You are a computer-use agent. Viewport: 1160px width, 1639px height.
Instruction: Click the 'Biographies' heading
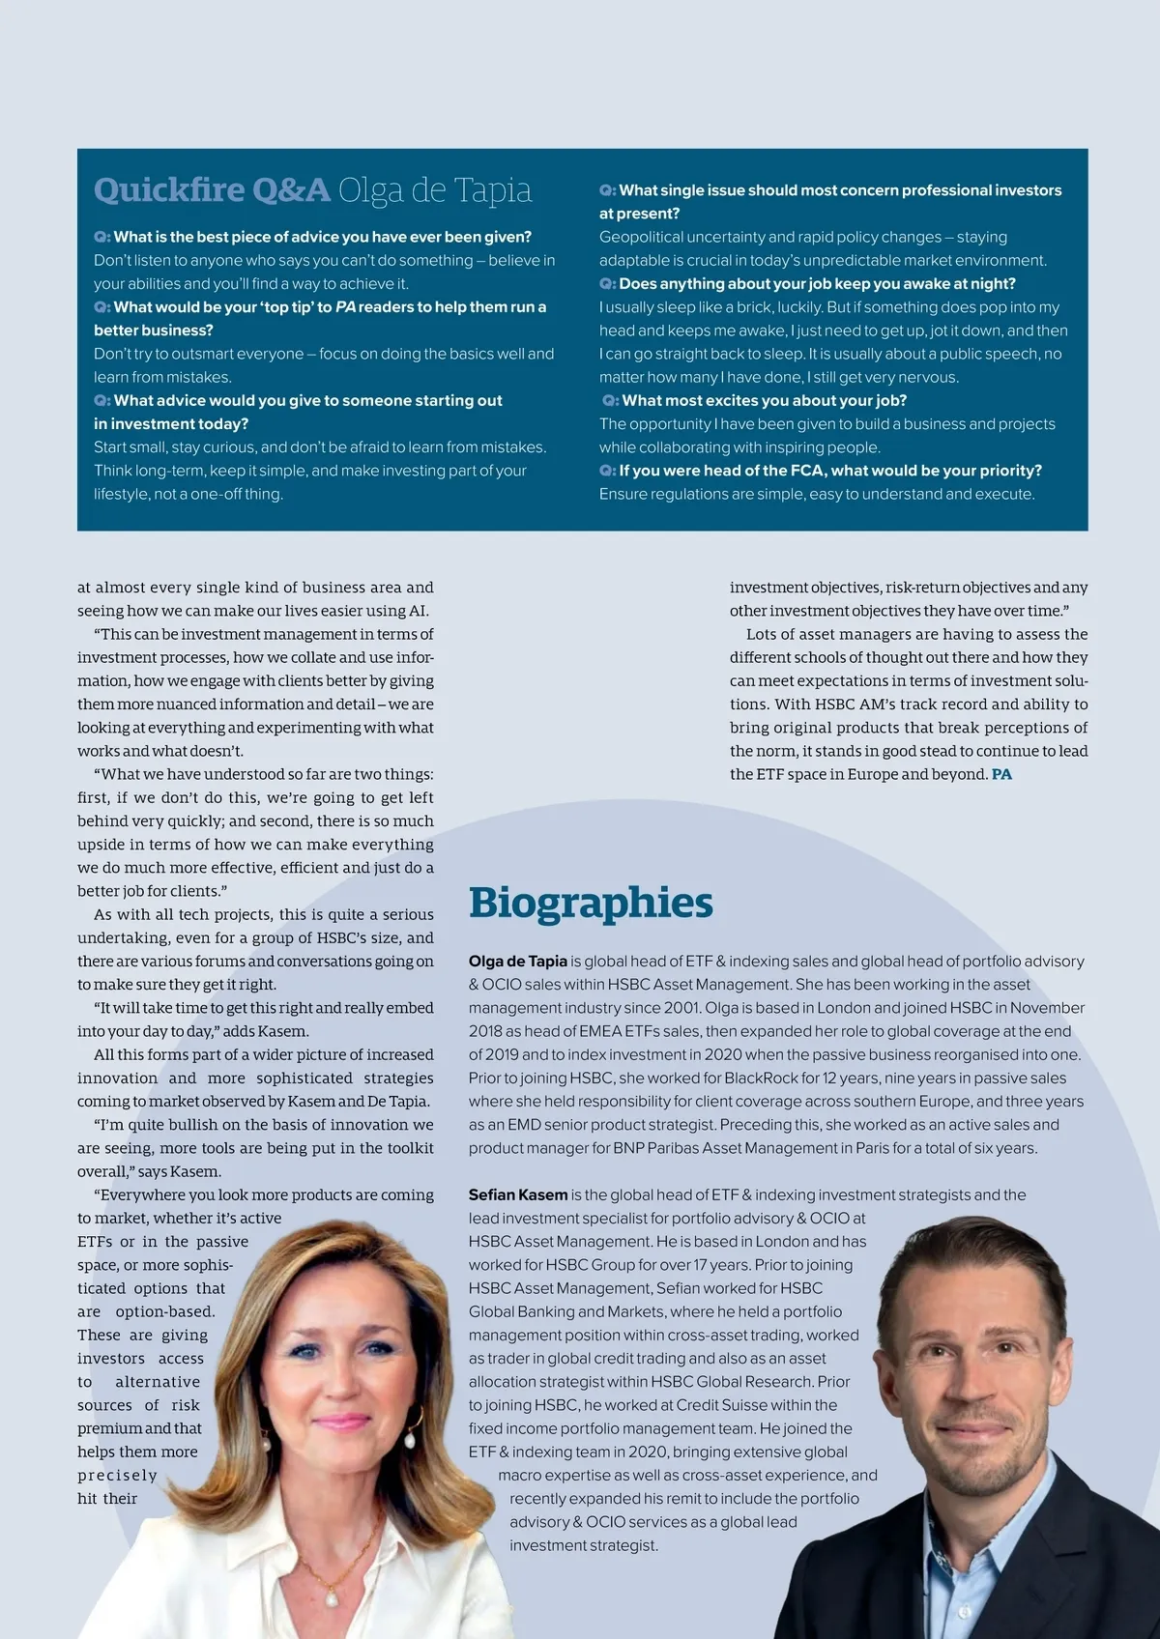[x=591, y=904]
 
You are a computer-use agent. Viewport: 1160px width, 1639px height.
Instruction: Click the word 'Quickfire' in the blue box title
[x=169, y=189]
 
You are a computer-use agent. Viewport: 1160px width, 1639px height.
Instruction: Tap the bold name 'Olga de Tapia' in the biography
[x=518, y=962]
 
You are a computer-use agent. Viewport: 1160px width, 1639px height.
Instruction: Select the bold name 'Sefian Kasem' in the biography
[x=518, y=1195]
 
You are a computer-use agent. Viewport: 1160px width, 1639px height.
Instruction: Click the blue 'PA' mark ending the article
[x=1001, y=775]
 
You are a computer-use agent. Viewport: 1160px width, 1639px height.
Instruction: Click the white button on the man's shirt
[x=964, y=1612]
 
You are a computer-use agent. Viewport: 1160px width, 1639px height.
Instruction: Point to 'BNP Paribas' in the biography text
[x=653, y=1149]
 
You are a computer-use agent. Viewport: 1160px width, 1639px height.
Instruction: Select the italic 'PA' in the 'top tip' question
[x=345, y=307]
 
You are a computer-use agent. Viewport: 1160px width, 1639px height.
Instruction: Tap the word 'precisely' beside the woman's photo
[x=117, y=1476]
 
